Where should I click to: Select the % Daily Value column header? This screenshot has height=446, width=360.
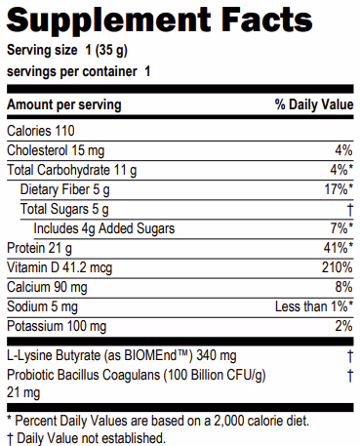tap(313, 104)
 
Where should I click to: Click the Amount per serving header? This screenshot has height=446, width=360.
tap(64, 104)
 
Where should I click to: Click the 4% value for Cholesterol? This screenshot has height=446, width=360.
tap(342, 150)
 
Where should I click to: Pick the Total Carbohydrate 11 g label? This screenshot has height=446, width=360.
tap(72, 170)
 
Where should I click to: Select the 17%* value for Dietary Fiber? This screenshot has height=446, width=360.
tap(336, 189)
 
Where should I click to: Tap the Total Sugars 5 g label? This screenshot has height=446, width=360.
tap(65, 209)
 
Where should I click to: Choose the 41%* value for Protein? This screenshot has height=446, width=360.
tap(336, 248)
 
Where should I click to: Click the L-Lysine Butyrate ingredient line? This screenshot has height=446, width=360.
tap(122, 355)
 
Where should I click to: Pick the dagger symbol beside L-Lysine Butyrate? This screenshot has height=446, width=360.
tap(348, 355)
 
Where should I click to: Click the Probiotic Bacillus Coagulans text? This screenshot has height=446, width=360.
tap(134, 374)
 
